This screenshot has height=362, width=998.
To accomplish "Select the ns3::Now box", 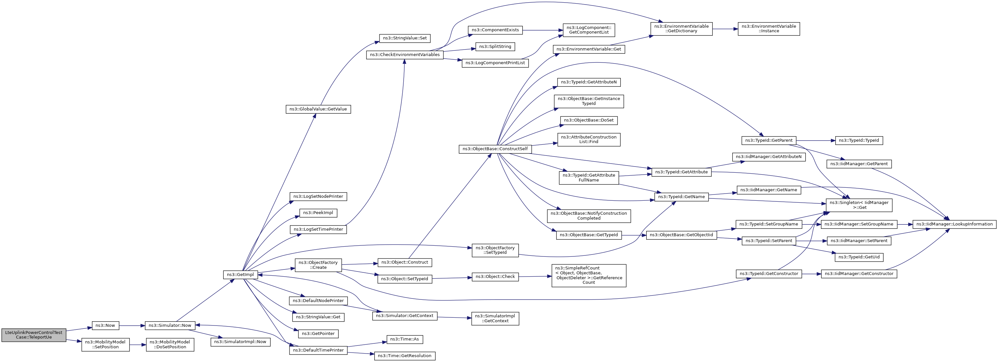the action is point(105,326).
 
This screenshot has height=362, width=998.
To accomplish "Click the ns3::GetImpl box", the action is point(241,274).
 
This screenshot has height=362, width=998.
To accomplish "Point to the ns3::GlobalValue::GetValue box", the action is point(318,109).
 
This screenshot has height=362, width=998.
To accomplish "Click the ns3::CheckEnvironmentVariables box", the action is point(405,55).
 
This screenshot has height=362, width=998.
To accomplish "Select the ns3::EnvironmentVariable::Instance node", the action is point(769,29).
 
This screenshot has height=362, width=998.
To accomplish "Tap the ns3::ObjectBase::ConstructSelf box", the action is point(495,149).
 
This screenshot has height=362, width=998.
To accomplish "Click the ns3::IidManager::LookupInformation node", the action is point(955,224).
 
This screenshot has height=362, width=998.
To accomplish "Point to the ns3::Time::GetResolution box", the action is point(405,356).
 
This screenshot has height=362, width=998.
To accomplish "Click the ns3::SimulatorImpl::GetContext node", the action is point(495,319).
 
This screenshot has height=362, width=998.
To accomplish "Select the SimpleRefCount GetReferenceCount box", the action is point(589,276).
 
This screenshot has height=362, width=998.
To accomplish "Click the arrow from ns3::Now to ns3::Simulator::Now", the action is point(132,326).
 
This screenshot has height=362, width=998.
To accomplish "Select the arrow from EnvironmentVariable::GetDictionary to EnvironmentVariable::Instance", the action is point(725,29).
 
